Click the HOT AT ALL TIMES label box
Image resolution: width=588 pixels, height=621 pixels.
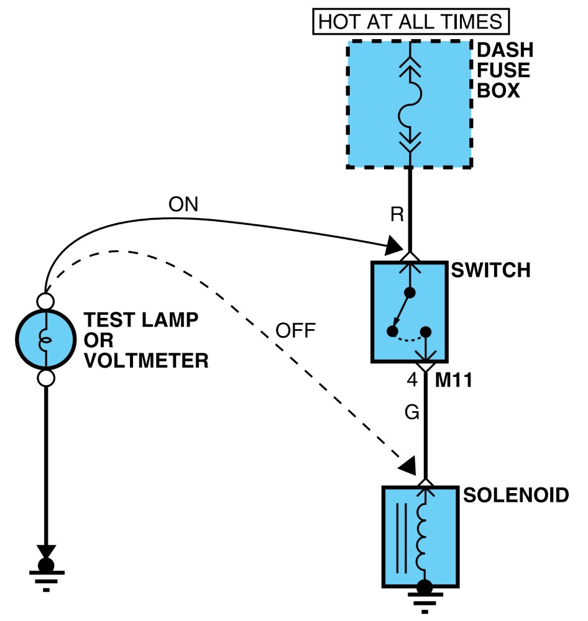click(x=411, y=21)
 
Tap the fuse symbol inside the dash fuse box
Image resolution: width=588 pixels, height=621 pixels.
click(x=410, y=104)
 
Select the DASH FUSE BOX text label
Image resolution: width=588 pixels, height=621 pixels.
click(x=505, y=70)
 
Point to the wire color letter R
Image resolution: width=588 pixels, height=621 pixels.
click(x=397, y=214)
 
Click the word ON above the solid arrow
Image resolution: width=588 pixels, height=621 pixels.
click(x=183, y=204)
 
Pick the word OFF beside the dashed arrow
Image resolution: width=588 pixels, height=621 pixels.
click(x=295, y=330)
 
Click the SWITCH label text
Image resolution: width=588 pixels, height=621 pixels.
click(x=491, y=270)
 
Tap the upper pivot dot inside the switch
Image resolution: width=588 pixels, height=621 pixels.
click(x=410, y=292)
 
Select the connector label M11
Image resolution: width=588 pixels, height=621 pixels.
click(x=454, y=380)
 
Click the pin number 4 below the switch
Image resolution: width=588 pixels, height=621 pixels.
click(x=412, y=380)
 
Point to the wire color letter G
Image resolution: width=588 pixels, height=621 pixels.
click(x=412, y=412)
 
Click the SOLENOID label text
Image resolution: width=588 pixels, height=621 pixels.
click(x=517, y=495)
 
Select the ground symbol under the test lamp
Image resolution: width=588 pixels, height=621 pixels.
click(x=47, y=574)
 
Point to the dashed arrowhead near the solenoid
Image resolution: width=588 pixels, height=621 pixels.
click(x=407, y=466)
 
